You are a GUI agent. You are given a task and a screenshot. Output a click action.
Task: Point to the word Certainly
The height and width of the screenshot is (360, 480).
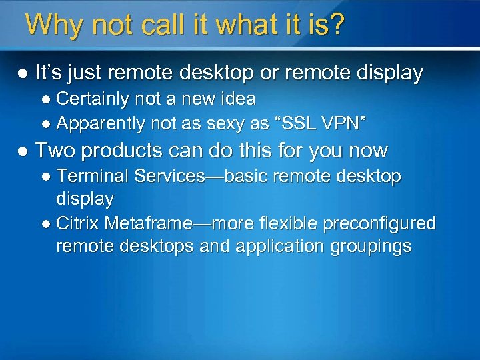(x=93, y=99)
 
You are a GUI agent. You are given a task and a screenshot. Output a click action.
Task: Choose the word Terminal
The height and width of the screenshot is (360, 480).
(x=93, y=176)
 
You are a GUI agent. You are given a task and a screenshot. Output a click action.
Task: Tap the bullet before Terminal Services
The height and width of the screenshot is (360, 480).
(x=47, y=177)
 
